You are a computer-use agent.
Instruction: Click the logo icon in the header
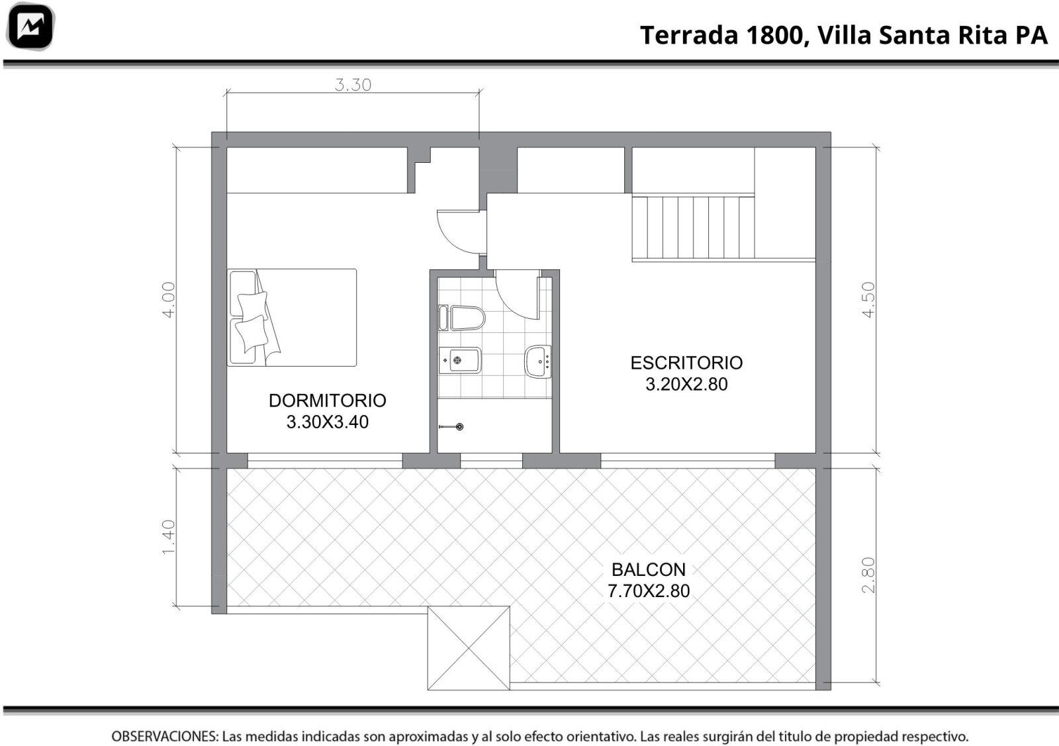[x=30, y=26]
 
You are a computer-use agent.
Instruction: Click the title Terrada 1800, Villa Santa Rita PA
[x=844, y=36]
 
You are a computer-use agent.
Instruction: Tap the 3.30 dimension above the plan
[x=353, y=85]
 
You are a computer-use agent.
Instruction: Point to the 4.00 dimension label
[x=169, y=301]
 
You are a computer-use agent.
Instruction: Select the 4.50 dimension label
[x=868, y=301]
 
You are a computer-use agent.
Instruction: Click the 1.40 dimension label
[x=169, y=537]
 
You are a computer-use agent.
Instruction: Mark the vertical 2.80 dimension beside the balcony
[x=868, y=575]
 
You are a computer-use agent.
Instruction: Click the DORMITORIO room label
[x=327, y=401]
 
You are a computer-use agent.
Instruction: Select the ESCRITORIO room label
[x=686, y=363]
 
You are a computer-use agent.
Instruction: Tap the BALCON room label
[x=649, y=570]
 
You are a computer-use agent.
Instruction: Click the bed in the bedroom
[x=292, y=318]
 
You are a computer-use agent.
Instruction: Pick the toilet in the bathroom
[x=462, y=318]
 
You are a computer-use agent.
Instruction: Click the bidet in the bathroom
[x=460, y=361]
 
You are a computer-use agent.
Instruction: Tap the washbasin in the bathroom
[x=539, y=361]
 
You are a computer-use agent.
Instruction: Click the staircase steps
[x=693, y=228]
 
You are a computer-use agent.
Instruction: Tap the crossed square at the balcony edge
[x=469, y=648]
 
